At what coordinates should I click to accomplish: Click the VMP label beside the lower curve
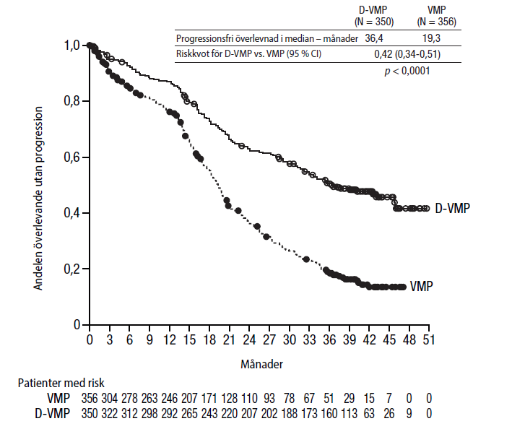tap(421, 287)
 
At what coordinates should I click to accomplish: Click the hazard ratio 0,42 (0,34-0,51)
tap(407, 53)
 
